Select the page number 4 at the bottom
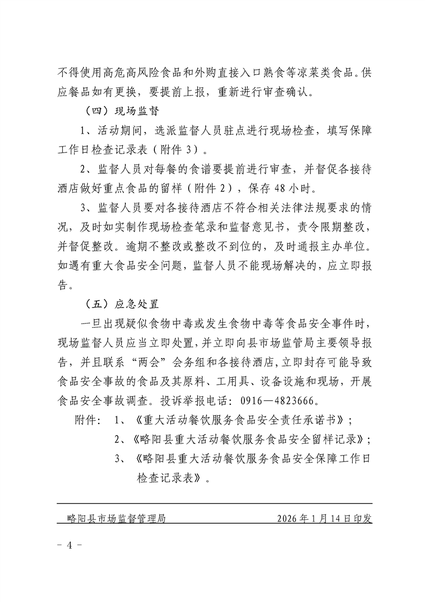tap(69, 545)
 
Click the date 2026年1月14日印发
tap(325, 519)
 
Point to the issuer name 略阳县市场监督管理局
tap(114, 519)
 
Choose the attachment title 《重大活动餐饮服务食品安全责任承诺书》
tap(240, 420)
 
